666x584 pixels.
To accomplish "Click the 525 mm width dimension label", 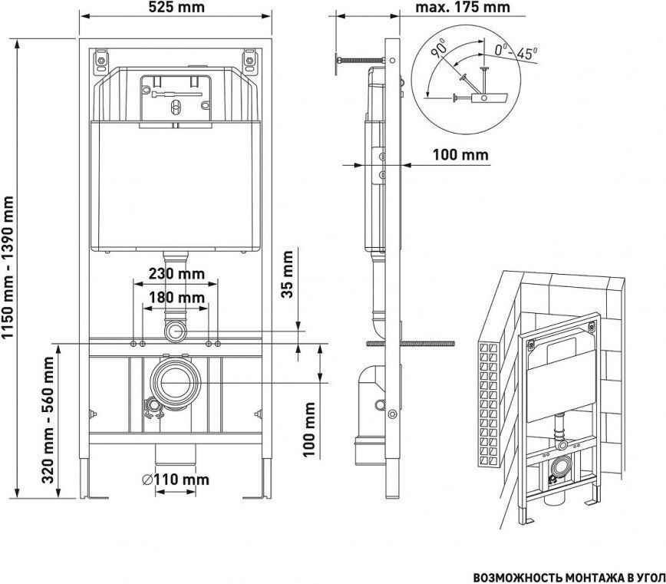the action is pyautogui.click(x=176, y=7).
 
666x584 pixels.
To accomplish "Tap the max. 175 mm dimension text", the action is pyautogui.click(x=462, y=7).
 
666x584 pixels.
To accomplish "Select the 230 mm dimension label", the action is pyautogui.click(x=176, y=273).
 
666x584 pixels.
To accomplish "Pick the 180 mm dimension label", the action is pyautogui.click(x=176, y=297).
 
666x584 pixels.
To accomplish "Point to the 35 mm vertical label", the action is pyautogui.click(x=288, y=274).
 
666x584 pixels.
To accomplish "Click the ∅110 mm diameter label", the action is pyautogui.click(x=176, y=480).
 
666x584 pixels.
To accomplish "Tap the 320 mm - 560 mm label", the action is pyautogui.click(x=48, y=420).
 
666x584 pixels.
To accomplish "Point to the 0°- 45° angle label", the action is pyautogui.click(x=516, y=52).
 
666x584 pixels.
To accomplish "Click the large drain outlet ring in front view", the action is pyautogui.click(x=176, y=382).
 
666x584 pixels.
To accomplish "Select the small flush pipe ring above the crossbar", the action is pyautogui.click(x=175, y=332).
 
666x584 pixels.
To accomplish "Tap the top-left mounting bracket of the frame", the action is pyautogui.click(x=101, y=61).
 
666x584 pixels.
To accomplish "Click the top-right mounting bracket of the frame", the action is pyautogui.click(x=249, y=61).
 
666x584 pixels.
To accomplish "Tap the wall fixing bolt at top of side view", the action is pyautogui.click(x=361, y=60).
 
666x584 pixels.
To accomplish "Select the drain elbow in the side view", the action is pyautogui.click(x=371, y=415).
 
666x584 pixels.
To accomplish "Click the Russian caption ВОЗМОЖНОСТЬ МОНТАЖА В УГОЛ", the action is pyautogui.click(x=569, y=578).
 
